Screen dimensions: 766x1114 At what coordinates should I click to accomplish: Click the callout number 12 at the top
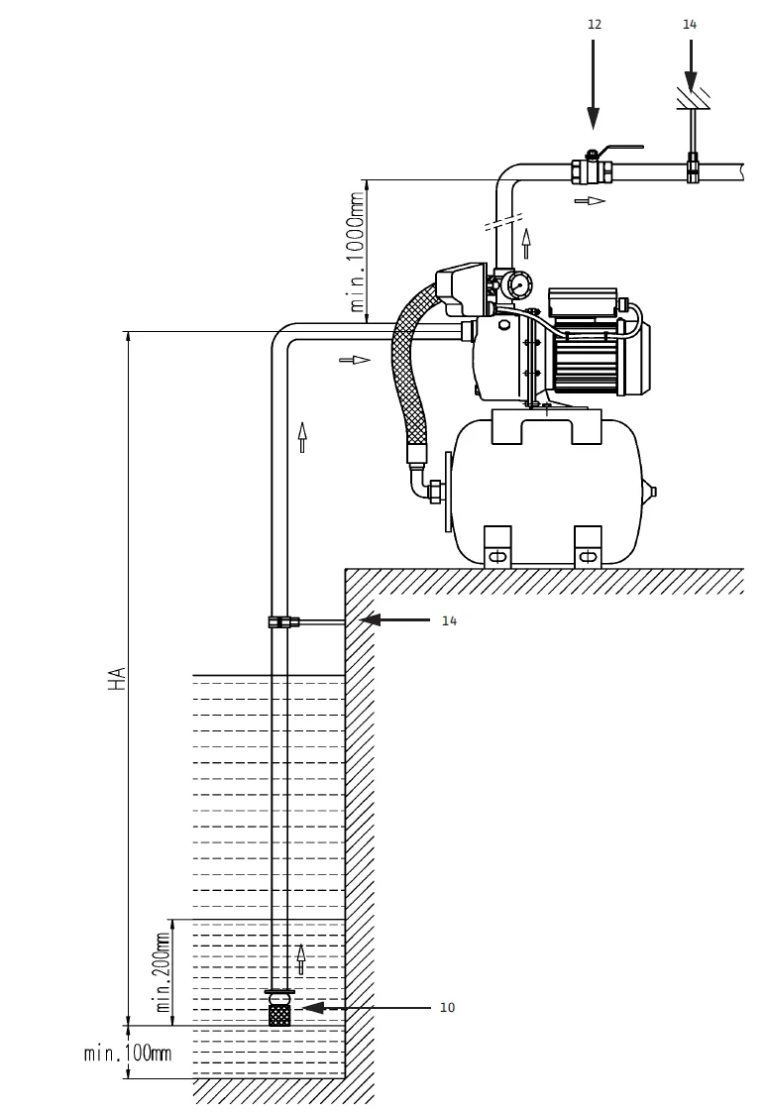[594, 25]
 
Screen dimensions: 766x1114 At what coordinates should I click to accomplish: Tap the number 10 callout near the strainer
[447, 1007]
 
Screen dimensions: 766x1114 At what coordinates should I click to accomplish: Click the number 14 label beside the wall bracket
[449, 621]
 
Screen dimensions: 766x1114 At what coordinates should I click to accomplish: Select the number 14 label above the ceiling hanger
[690, 25]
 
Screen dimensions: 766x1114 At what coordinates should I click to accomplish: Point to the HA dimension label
[117, 678]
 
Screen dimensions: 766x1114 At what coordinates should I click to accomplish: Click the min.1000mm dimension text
[357, 252]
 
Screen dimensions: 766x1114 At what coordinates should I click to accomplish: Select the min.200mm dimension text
[163, 972]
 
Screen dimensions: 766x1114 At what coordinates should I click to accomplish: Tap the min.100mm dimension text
[128, 1053]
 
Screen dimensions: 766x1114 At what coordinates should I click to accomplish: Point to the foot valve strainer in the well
[279, 1007]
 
